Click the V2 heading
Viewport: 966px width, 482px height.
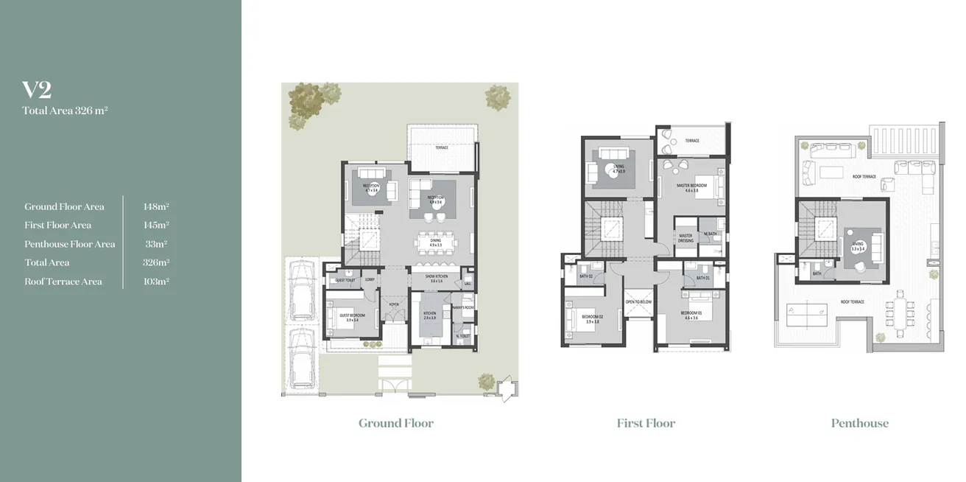(37, 90)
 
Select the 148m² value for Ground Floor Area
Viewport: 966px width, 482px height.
(156, 207)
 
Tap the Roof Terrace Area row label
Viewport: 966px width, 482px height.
(63, 282)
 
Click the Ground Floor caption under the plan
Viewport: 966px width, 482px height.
(395, 423)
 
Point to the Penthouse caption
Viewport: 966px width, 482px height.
(859, 423)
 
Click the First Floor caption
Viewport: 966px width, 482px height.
(646, 423)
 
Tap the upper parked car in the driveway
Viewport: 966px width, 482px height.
(302, 293)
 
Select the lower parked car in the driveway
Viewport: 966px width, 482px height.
(302, 359)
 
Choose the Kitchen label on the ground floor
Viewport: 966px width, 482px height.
(429, 314)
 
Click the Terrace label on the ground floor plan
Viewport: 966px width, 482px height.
(441, 147)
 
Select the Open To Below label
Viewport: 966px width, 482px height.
(638, 302)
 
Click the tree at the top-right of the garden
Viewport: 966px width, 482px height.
(498, 97)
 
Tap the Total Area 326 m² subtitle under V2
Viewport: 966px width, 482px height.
(66, 111)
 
